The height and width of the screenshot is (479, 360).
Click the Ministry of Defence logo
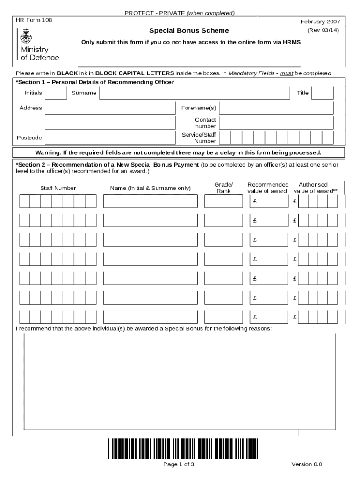38,45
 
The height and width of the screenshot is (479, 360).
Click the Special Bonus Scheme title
189,31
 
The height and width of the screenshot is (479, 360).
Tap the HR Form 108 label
34,21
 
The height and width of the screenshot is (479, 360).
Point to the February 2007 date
320,22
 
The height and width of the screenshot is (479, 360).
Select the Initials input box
56,93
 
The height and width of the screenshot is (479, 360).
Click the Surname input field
194,93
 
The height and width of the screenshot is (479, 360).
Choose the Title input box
323,93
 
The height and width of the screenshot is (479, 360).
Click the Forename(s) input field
276,108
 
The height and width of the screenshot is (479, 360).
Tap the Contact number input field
276,123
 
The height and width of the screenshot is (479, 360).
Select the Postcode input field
109,138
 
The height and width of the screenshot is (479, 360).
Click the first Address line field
109,108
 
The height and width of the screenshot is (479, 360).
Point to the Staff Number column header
58,188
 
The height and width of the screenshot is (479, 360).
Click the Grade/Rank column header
223,188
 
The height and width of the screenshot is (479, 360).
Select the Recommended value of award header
268,188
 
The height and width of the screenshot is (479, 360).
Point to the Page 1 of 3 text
178,464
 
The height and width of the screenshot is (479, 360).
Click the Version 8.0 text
307,464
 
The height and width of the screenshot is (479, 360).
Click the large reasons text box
180,381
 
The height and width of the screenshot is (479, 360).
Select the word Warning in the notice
49,153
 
